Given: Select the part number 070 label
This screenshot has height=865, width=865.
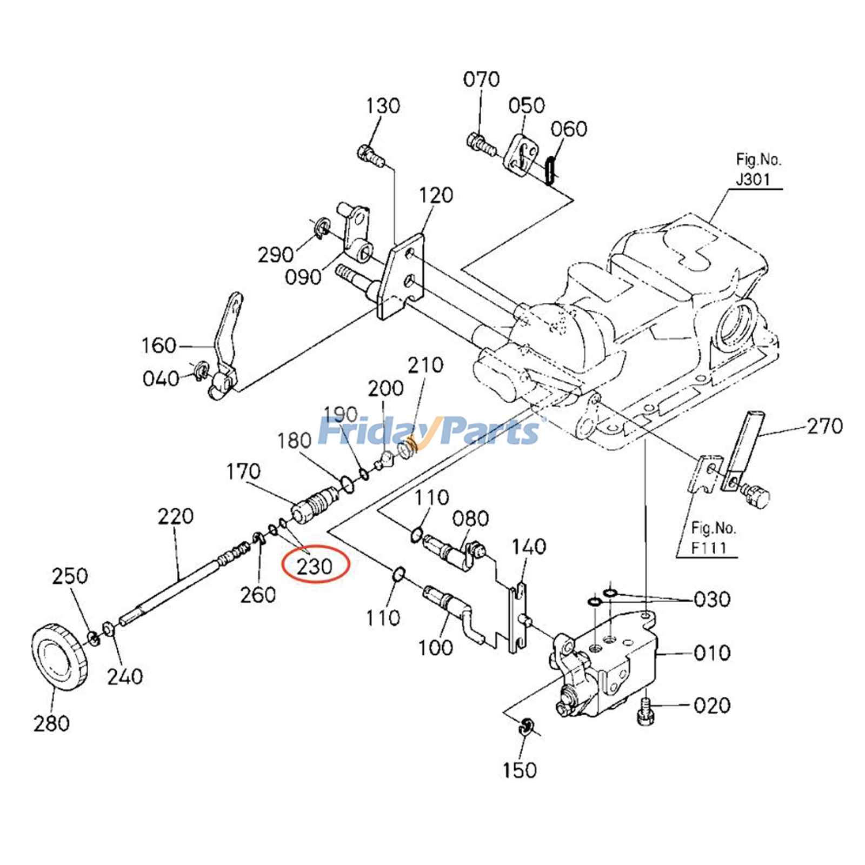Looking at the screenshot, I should (481, 79).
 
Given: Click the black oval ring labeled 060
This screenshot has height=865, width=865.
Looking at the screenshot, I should (550, 170).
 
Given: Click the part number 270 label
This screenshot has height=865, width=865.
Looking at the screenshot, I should (824, 427).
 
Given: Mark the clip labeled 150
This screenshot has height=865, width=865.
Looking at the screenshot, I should (525, 726).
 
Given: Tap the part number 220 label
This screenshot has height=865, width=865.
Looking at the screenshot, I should (175, 516).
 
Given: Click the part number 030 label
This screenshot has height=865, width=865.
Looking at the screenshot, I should (711, 599).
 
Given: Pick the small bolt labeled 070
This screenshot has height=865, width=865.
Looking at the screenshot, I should (481, 143).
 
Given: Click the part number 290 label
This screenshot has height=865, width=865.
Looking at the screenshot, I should (275, 254).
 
